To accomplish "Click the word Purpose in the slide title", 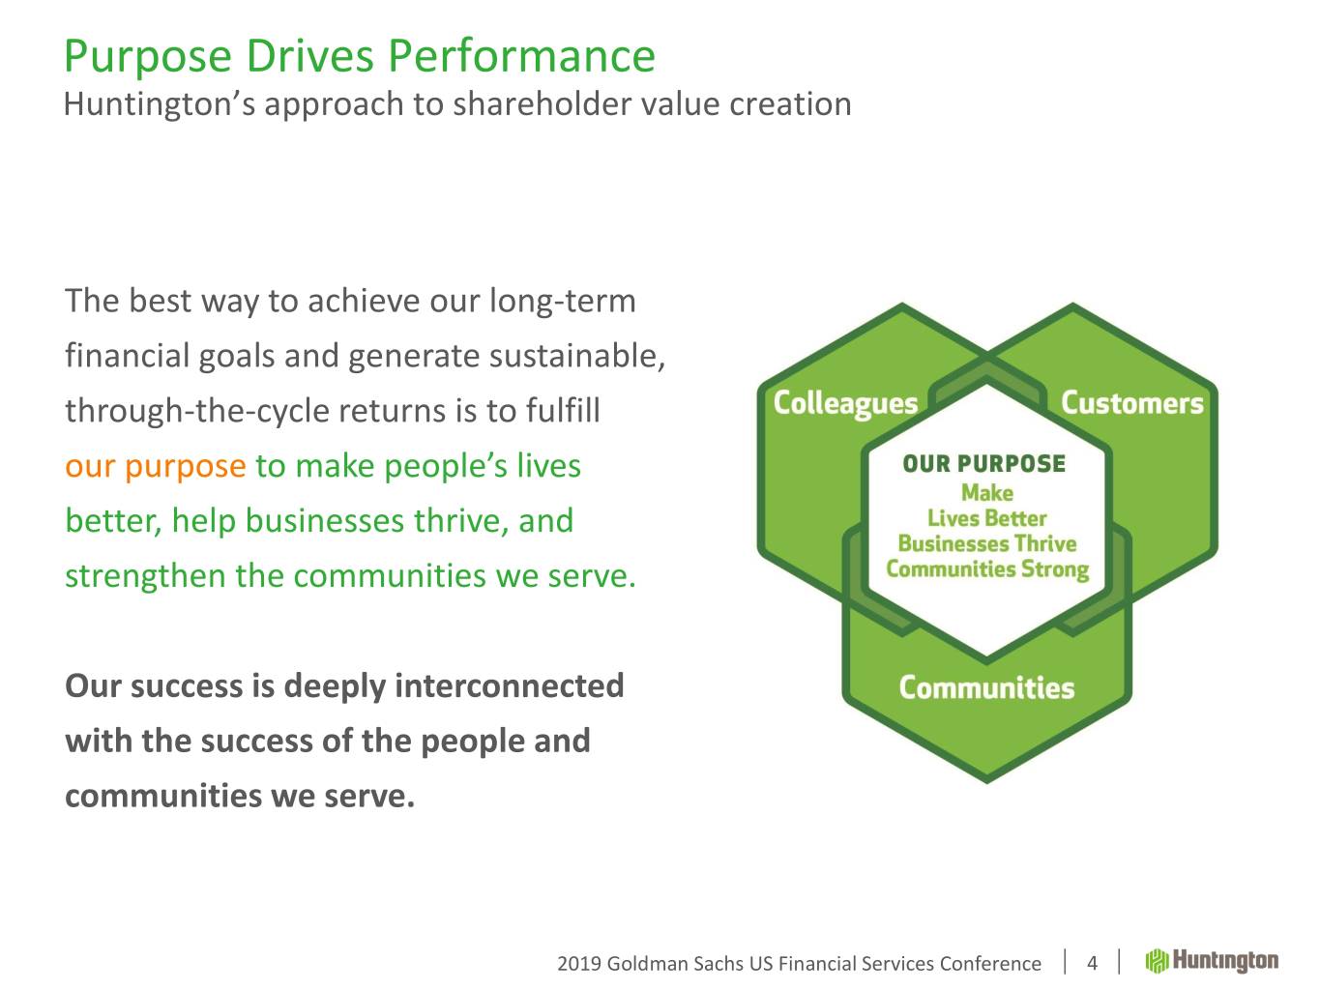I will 148,57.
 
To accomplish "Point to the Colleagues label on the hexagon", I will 845,403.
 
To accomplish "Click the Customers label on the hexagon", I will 1131,403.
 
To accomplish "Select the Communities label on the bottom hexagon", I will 986,688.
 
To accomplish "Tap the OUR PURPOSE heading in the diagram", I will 984,464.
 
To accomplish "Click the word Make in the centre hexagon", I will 986,493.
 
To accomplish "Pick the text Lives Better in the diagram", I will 986,518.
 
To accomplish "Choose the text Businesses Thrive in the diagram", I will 986,543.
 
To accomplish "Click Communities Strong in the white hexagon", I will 986,568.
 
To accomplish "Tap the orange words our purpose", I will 155,467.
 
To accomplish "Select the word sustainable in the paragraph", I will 576,357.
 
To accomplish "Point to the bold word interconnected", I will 509,686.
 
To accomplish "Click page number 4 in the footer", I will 1092,963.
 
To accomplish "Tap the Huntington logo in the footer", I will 1212,961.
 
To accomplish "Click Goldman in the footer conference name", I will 647,964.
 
